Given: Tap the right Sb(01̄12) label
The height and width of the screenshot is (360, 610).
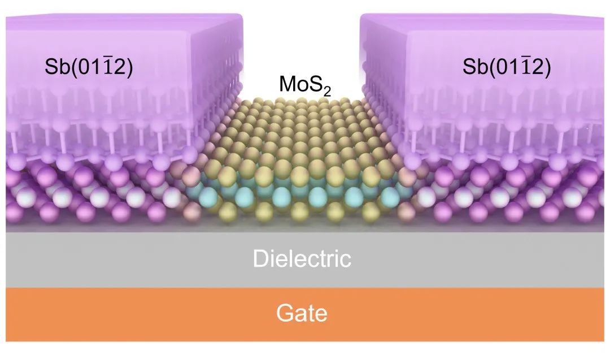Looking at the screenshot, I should pyautogui.click(x=507, y=69).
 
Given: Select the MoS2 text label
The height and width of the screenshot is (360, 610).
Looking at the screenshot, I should pyautogui.click(x=304, y=86).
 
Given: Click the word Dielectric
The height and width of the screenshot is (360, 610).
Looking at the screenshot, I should pyautogui.click(x=302, y=259).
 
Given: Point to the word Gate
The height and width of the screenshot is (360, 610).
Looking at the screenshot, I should pyautogui.click(x=302, y=313).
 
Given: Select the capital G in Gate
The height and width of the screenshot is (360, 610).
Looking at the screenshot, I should pyautogui.click(x=285, y=313).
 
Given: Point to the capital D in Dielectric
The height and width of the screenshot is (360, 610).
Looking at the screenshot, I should pyautogui.click(x=260, y=259).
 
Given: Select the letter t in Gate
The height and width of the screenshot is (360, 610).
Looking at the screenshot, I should pyautogui.click(x=311, y=313).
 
